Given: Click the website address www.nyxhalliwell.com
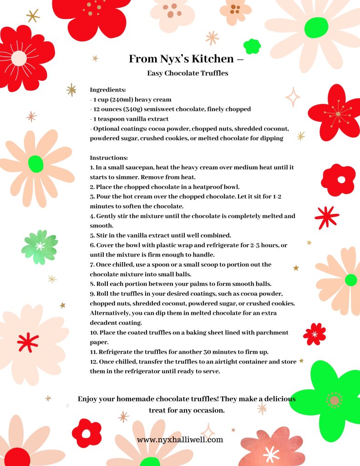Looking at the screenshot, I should (x=180, y=440).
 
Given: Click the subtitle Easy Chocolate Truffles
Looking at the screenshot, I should (x=187, y=73).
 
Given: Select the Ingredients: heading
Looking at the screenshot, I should (x=108, y=90).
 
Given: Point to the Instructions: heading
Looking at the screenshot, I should (x=109, y=157).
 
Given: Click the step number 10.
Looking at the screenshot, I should (x=93, y=333).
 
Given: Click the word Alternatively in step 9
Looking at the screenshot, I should (x=110, y=314).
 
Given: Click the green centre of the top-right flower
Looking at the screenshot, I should (x=316, y=27).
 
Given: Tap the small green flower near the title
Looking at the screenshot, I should (x=252, y=46).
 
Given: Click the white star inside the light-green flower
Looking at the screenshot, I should (x=40, y=246).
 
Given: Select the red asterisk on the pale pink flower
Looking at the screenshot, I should (x=28, y=342).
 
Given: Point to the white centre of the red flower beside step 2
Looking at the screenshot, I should (x=341, y=179).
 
